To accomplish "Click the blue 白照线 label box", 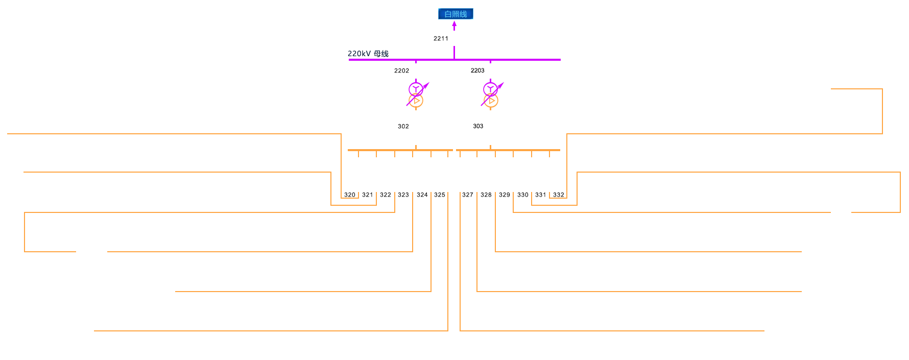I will click(x=456, y=14).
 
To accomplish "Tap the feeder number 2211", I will click(x=441, y=38).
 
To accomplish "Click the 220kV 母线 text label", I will click(x=368, y=54).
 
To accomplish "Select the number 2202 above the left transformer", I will click(x=401, y=70).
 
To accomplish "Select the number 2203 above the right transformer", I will click(x=477, y=70).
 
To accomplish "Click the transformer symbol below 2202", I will click(x=416, y=95).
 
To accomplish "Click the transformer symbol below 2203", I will click(x=491, y=95).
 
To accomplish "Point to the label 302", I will click(x=403, y=126).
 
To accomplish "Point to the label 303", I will click(x=478, y=126).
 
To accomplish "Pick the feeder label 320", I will click(x=350, y=195).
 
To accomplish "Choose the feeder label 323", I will click(x=403, y=195).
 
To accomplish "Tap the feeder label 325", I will click(x=440, y=195).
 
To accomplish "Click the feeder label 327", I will click(x=468, y=195).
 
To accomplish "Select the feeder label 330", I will click(x=523, y=195).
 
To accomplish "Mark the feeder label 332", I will click(x=559, y=195).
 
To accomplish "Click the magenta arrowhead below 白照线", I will click(x=454, y=25).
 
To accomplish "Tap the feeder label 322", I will click(x=386, y=195).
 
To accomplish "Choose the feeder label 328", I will click(x=486, y=195).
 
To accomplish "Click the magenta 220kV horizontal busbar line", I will click(x=511, y=60).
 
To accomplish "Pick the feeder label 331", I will click(x=541, y=195).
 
